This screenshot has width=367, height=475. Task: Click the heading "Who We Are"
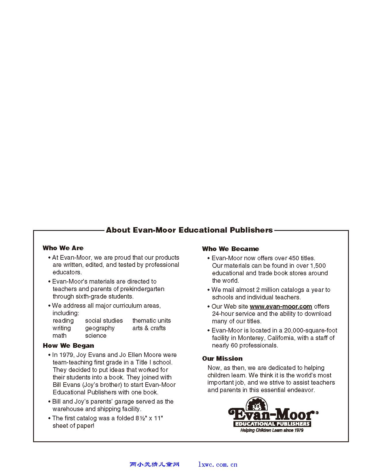[x=63, y=248]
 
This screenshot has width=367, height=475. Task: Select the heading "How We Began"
[x=69, y=345]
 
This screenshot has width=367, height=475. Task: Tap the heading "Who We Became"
[x=231, y=249]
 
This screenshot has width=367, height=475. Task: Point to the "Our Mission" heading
[x=222, y=358]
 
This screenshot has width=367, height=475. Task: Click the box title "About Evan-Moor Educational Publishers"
[x=189, y=230]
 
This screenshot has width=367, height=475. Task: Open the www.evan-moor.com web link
[x=281, y=306]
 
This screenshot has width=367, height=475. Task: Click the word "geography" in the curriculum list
[x=100, y=328]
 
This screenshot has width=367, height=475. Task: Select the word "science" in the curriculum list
[x=96, y=335]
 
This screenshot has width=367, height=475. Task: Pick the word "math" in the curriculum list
[x=60, y=335]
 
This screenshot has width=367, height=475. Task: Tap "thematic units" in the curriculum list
[x=151, y=320]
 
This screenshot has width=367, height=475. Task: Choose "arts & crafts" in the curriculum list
[x=149, y=328]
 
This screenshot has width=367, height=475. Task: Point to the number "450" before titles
[x=294, y=258]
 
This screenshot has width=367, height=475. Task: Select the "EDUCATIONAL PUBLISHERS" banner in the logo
[x=272, y=424]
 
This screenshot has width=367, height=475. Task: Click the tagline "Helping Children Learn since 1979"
[x=272, y=430]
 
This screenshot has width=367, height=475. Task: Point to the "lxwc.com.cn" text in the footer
[x=218, y=464]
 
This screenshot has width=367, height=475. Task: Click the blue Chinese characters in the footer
[x=155, y=464]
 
